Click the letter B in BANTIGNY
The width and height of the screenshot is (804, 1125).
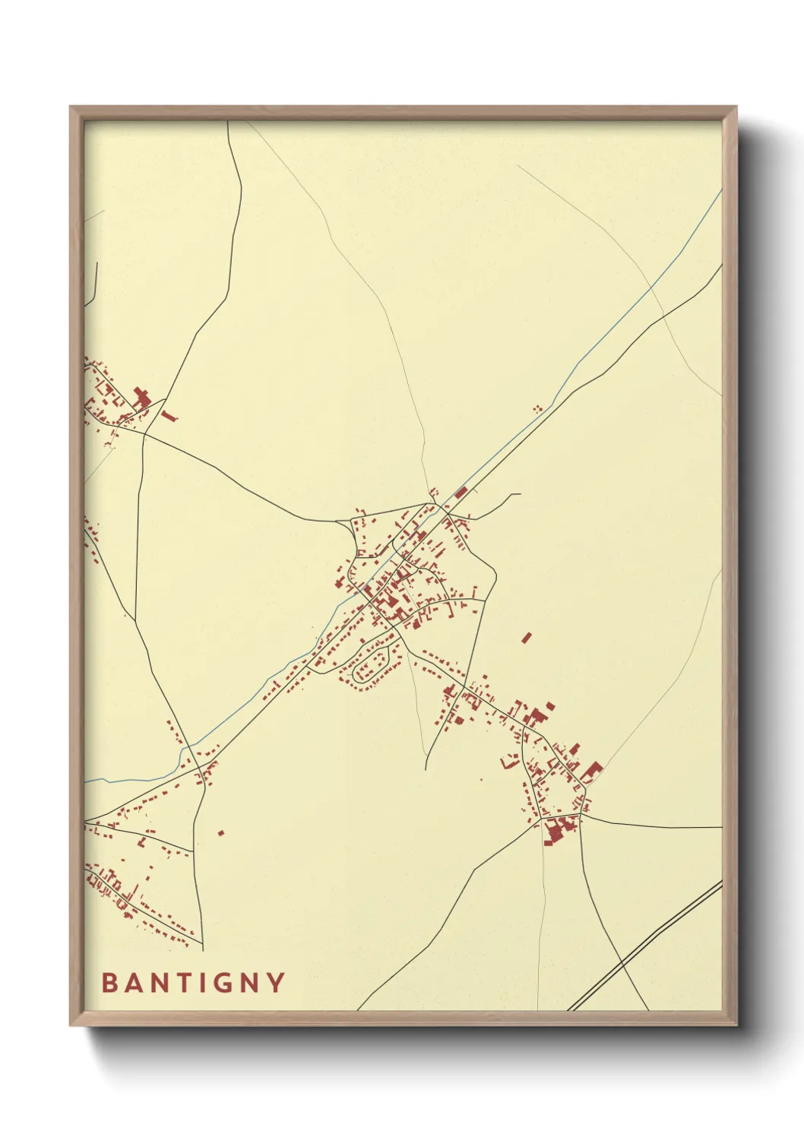pyautogui.click(x=109, y=983)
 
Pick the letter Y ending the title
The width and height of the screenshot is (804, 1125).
pyautogui.click(x=276, y=983)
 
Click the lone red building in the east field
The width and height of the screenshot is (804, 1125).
pyautogui.click(x=527, y=637)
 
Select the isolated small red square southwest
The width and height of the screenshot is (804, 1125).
pyautogui.click(x=221, y=833)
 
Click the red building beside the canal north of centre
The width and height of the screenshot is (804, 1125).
pyautogui.click(x=461, y=493)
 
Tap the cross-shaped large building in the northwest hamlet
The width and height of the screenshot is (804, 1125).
pyautogui.click(x=141, y=398)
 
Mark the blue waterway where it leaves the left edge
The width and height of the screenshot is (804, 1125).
pyautogui.click(x=88, y=781)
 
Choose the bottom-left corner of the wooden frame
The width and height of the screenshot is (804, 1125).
pyautogui.click(x=71, y=1025)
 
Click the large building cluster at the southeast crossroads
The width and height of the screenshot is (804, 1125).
pyautogui.click(x=559, y=829)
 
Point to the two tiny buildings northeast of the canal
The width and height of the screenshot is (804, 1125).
pyautogui.click(x=537, y=409)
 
